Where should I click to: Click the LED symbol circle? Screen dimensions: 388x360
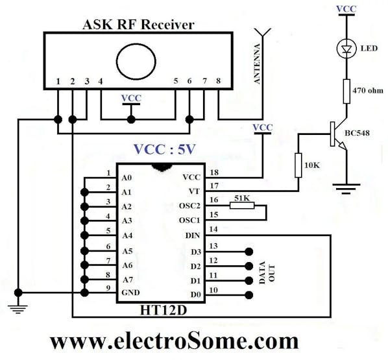click(346, 49)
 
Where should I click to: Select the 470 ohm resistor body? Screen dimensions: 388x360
click(346, 91)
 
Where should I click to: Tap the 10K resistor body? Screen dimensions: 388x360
click(298, 165)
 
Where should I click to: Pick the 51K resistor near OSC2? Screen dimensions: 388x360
click(242, 206)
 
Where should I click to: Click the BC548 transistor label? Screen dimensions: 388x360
click(357, 133)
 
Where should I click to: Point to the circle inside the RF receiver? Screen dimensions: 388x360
click(136, 62)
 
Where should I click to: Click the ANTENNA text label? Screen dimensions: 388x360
click(258, 64)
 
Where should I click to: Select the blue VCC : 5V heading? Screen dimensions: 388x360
click(165, 149)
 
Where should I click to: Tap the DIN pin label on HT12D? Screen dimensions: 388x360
click(193, 236)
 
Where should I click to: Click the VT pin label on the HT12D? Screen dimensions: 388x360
click(194, 191)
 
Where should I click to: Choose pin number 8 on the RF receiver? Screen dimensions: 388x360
click(218, 80)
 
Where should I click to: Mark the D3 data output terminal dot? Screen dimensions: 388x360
click(249, 252)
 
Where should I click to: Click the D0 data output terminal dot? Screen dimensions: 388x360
click(249, 295)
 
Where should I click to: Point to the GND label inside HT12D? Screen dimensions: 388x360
click(130, 293)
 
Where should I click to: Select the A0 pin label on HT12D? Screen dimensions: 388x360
click(127, 178)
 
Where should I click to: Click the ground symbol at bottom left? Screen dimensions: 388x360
click(18, 309)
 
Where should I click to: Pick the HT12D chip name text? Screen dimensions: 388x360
click(164, 310)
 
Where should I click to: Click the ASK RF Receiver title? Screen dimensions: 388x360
click(138, 25)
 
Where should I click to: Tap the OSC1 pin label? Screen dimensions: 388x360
click(189, 220)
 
